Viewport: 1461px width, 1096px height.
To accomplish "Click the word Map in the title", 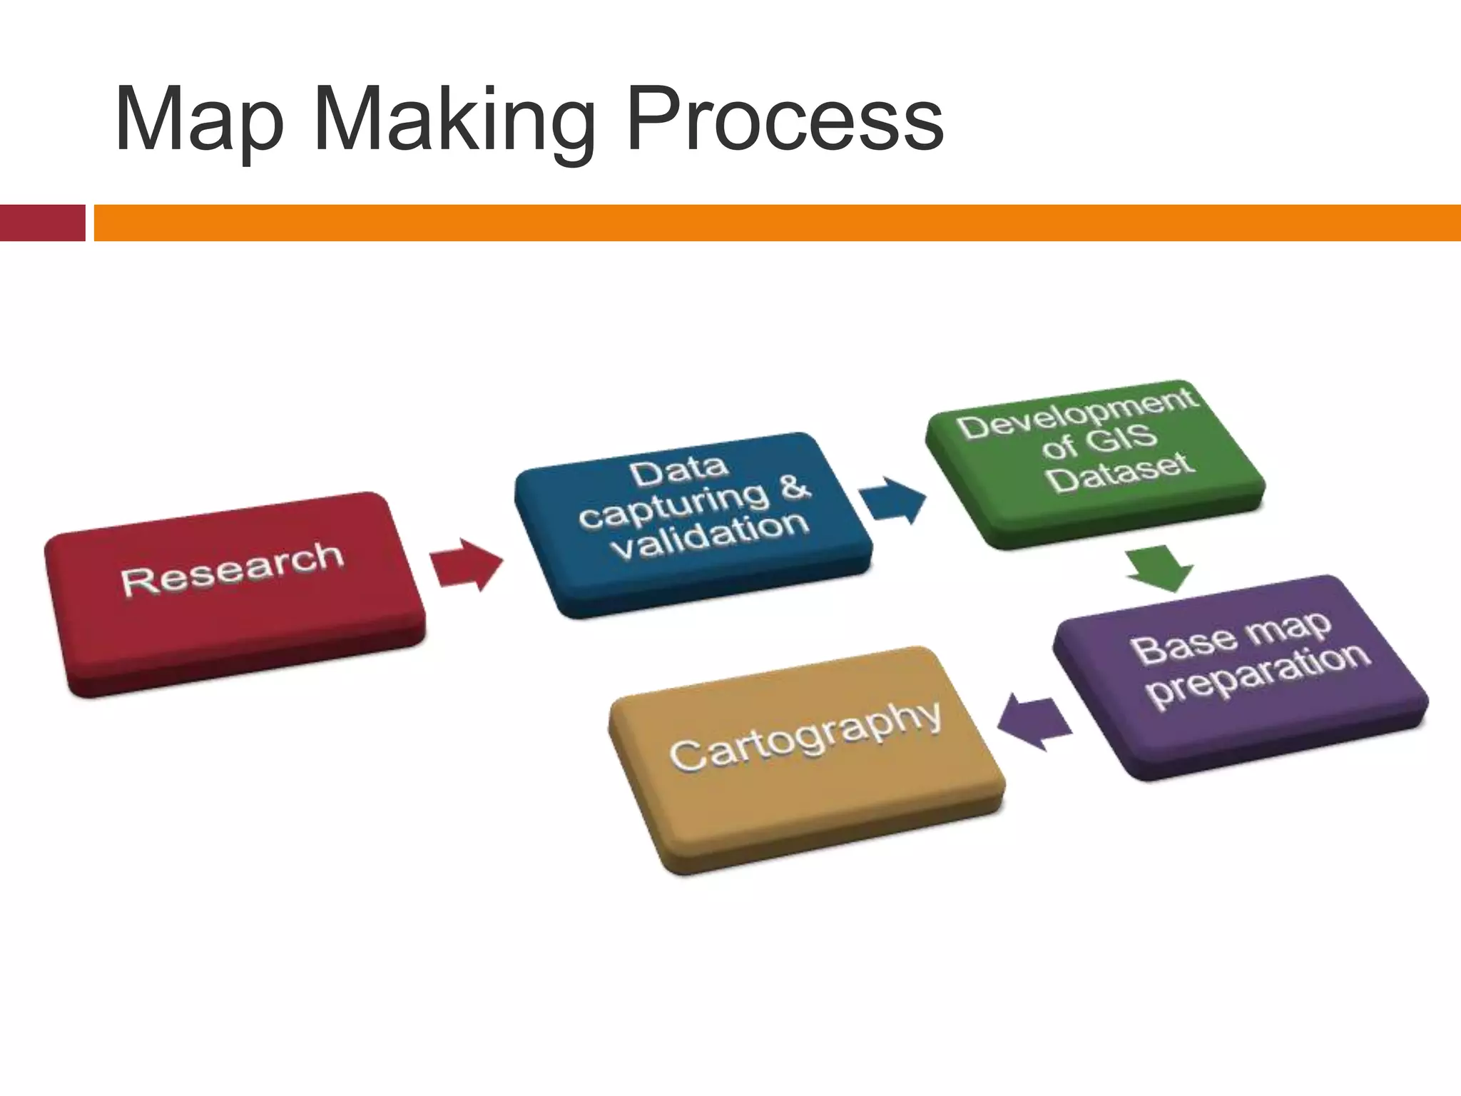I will pos(200,121).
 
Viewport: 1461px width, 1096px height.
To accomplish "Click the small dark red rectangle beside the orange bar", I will pos(42,223).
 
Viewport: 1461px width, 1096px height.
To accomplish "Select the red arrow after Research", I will pos(467,564).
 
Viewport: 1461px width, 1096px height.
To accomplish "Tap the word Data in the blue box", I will pos(678,472).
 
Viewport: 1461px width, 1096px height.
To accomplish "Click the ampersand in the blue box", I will pos(794,487).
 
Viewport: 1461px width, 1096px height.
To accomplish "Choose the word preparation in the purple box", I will pos(1259,674).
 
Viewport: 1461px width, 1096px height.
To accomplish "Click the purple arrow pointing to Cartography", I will pos(1034,722).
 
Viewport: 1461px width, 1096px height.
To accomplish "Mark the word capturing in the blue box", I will pos(674,504).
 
